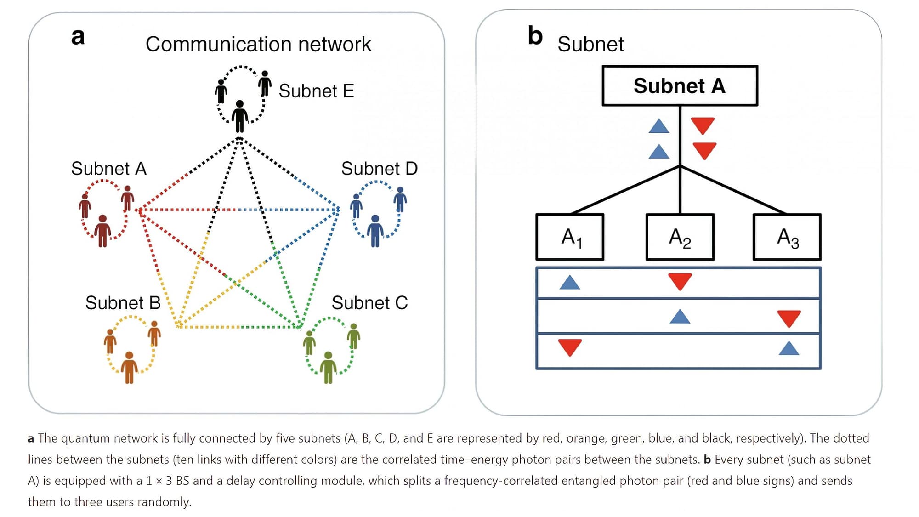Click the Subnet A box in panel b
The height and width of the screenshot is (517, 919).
coord(680,86)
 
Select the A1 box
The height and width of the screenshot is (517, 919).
coord(570,237)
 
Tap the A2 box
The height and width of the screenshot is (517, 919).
coord(680,237)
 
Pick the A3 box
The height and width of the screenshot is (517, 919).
coord(787,237)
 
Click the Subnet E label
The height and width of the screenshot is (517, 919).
coord(316,91)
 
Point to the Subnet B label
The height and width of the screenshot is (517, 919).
coord(123,303)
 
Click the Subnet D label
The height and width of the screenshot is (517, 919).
coord(379,169)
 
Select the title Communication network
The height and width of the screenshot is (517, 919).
coord(258,45)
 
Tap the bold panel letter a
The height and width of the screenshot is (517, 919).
coord(78,36)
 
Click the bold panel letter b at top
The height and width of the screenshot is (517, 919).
coord(535,36)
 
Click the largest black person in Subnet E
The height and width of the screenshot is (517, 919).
coord(239,117)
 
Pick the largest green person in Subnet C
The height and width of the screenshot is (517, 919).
coord(328,367)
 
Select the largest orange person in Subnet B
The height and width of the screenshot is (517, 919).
coord(129,367)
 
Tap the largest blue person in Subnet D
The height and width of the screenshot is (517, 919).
coord(375,231)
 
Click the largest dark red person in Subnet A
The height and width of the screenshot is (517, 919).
coord(102,231)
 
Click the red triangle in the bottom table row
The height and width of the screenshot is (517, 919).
coord(570,347)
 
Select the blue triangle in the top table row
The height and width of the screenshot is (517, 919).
coord(570,283)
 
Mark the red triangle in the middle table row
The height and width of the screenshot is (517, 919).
coord(789,318)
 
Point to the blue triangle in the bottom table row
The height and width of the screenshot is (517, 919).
coord(789,349)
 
